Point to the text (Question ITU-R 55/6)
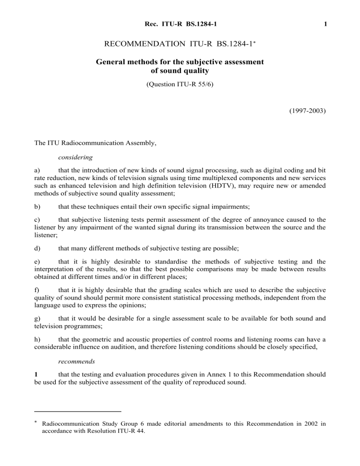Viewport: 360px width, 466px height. [180, 86]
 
